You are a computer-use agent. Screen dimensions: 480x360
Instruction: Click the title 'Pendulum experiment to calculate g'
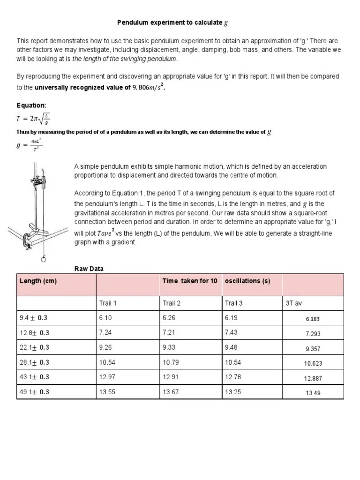pyautogui.click(x=172, y=22)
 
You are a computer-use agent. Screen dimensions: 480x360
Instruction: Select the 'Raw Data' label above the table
pyautogui.click(x=89, y=269)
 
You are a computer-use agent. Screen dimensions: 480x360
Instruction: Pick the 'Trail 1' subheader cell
pyautogui.click(x=108, y=303)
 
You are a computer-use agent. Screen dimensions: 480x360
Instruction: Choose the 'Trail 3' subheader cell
pyautogui.click(x=234, y=303)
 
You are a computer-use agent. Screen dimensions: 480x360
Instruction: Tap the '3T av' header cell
pyautogui.click(x=294, y=303)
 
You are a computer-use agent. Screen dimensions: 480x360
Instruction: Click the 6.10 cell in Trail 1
pyautogui.click(x=105, y=318)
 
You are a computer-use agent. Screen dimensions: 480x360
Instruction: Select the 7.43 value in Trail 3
pyautogui.click(x=232, y=332)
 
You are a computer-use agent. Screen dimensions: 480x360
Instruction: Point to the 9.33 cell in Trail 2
pyautogui.click(x=169, y=347)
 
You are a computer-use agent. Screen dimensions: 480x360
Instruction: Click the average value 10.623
pyautogui.click(x=313, y=363)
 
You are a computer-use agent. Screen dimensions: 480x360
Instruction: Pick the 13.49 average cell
pyautogui.click(x=313, y=393)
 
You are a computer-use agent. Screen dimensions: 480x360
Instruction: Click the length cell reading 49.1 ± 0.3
pyautogui.click(x=34, y=392)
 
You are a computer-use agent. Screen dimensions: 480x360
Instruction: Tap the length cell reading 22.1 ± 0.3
pyautogui.click(x=34, y=347)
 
